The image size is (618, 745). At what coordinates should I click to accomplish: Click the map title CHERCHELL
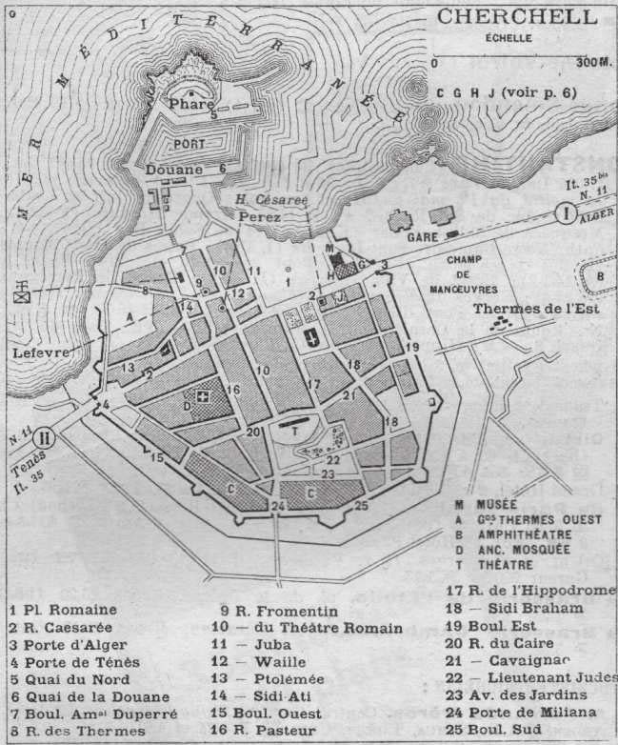tap(517, 16)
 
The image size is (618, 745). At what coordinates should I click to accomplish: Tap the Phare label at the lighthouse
tap(189, 103)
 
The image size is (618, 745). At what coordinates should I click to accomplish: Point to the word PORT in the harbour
tap(189, 143)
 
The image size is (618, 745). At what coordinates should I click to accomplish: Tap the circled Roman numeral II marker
tap(44, 440)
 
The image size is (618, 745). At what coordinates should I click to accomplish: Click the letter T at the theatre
tap(296, 430)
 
